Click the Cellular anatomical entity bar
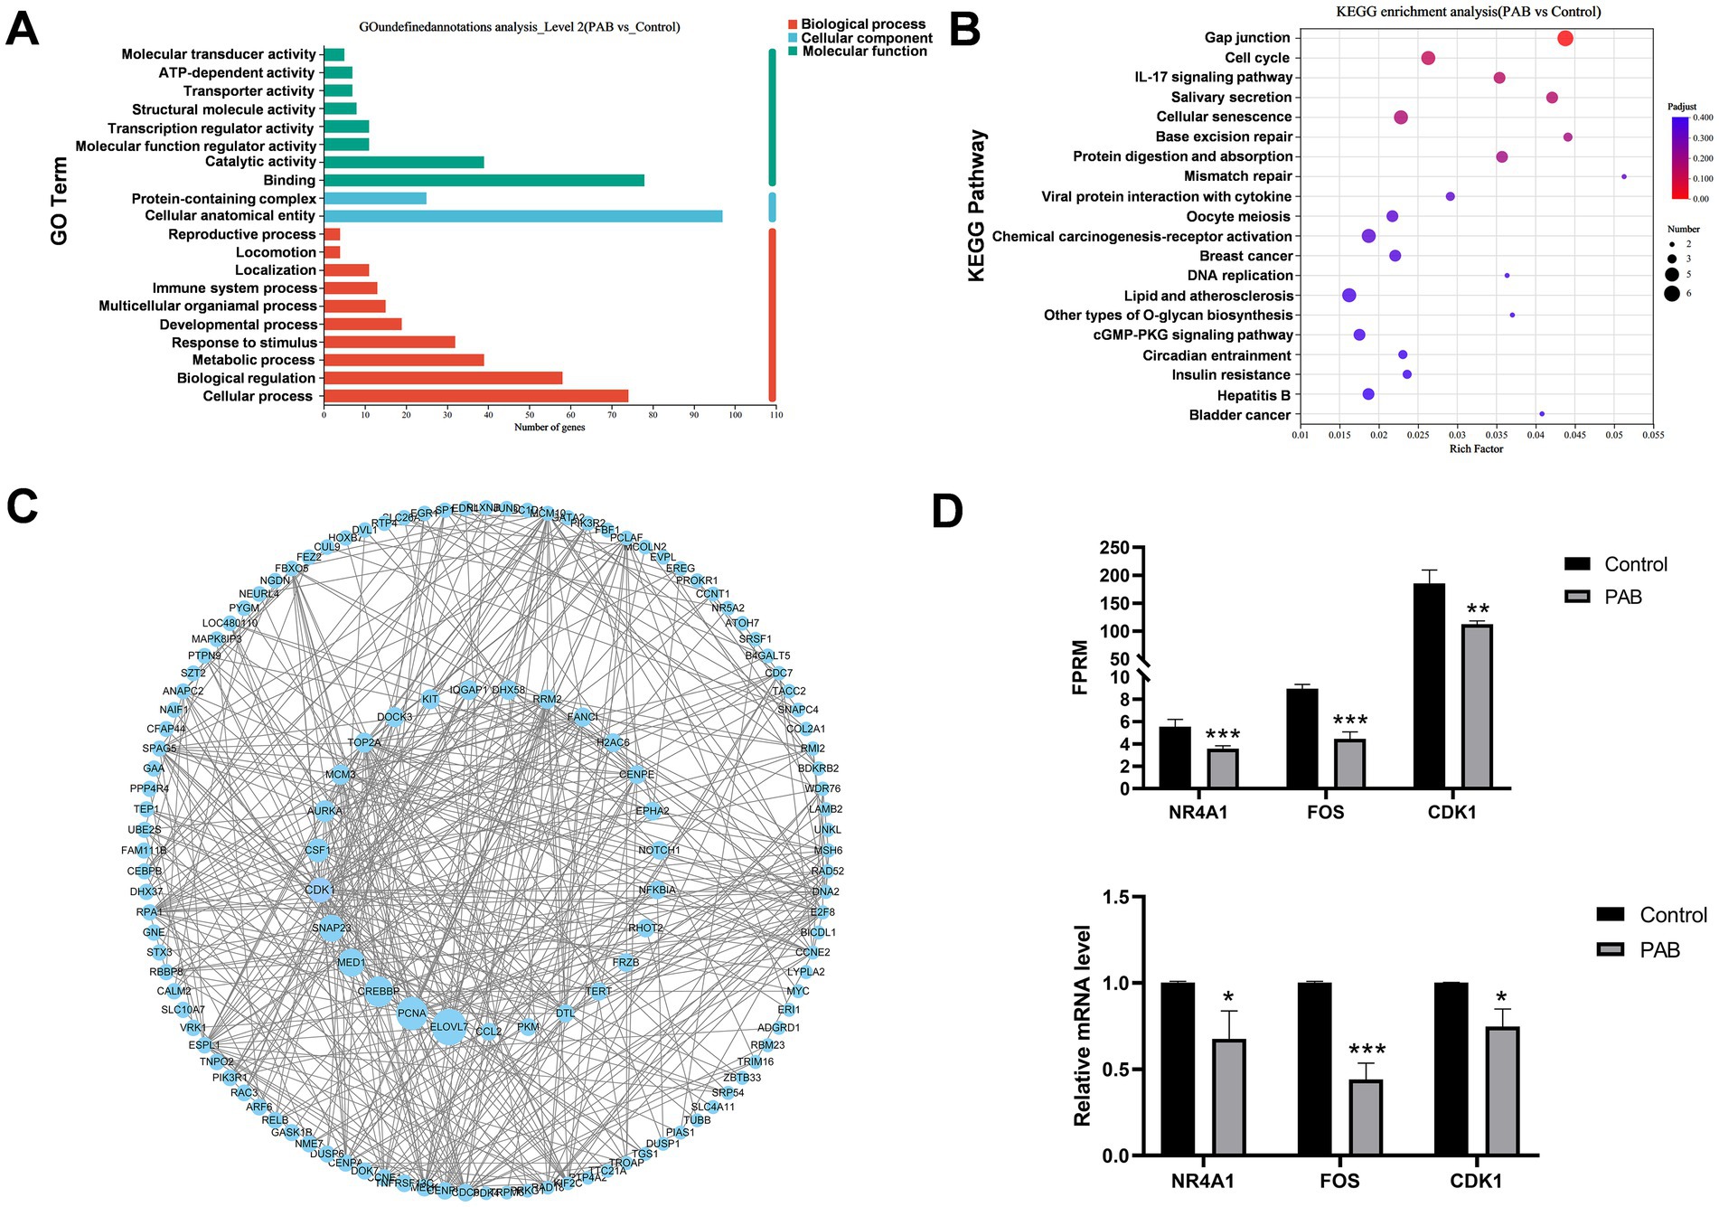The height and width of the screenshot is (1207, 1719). point(522,216)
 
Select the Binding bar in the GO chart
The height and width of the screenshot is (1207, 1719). point(484,180)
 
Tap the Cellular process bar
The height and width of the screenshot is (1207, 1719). point(475,396)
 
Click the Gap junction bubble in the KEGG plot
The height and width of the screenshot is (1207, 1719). point(1565,38)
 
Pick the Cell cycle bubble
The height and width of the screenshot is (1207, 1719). point(1428,58)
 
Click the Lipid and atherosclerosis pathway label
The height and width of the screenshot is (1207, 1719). point(1208,296)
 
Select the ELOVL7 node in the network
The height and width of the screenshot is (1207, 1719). point(448,1027)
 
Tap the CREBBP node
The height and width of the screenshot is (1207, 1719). point(379,991)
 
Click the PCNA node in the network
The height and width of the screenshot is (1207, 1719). point(412,1013)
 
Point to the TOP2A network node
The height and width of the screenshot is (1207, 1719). point(364,742)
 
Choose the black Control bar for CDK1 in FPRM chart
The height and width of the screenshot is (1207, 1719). point(1429,685)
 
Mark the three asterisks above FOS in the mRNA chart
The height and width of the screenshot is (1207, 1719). point(1367,1050)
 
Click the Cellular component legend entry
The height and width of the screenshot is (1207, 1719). point(866,38)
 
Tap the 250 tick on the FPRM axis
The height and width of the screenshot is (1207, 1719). point(1114,548)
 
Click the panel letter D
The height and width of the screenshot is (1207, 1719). point(947,511)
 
